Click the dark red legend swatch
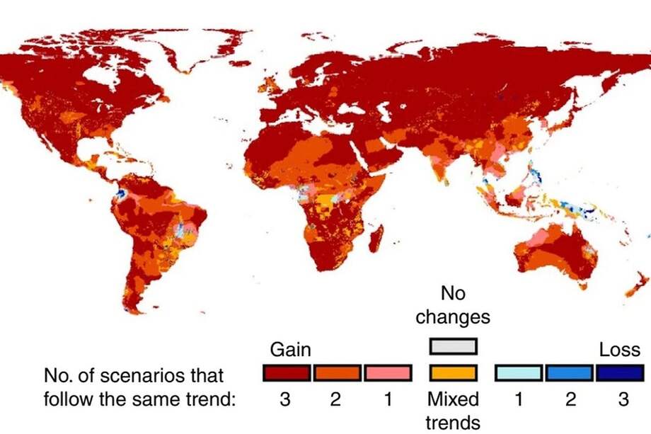tap(286, 372)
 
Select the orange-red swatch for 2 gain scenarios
tap(337, 372)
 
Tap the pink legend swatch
tap(388, 372)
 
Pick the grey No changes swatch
tap(453, 346)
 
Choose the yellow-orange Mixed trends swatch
tap(453, 372)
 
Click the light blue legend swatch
tap(518, 372)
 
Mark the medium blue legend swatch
tap(569, 372)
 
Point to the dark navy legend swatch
tap(620, 372)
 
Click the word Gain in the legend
tap(291, 350)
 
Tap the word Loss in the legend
tap(620, 350)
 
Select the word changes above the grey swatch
tap(453, 316)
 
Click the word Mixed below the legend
tap(453, 399)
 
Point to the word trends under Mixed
tap(453, 423)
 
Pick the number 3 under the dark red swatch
tap(285, 399)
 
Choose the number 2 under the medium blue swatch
tap(570, 399)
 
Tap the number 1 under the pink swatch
tap(388, 399)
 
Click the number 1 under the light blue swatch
tap(518, 399)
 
